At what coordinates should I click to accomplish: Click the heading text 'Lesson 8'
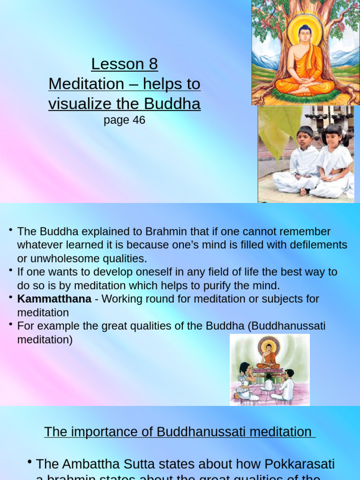(x=124, y=64)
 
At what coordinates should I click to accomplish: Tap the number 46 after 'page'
(x=139, y=120)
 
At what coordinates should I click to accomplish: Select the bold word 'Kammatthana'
(x=54, y=299)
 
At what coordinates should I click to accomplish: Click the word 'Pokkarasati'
(x=300, y=464)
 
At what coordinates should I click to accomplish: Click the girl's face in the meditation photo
(x=333, y=137)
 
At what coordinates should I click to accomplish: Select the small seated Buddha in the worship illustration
(x=269, y=357)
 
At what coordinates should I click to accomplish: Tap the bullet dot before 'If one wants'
(x=10, y=270)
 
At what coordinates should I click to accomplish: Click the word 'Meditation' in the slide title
(x=86, y=84)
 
